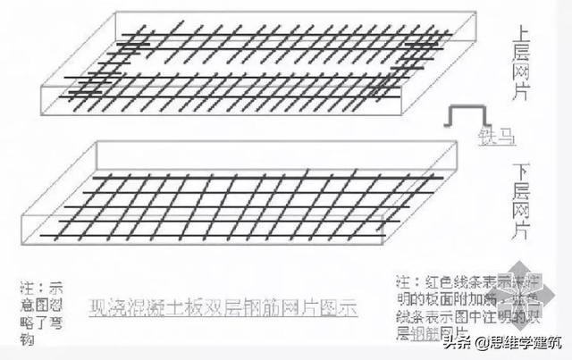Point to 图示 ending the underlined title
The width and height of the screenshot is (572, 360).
[x=339, y=309]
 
